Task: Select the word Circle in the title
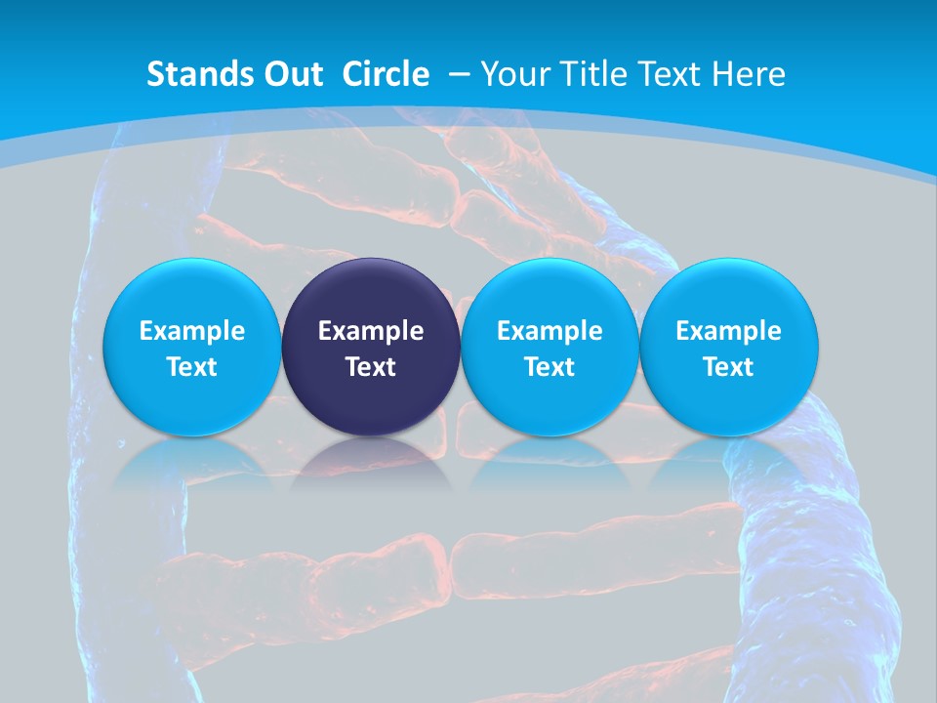coord(386,74)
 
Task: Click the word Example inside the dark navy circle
coord(371,331)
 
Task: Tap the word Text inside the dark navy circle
coord(371,367)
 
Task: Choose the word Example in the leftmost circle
coord(192,331)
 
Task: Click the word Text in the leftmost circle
coord(192,367)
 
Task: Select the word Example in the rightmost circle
coord(729,331)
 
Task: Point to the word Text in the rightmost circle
coord(729,367)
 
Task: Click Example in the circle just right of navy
coord(550,331)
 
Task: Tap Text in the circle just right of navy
coord(550,367)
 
